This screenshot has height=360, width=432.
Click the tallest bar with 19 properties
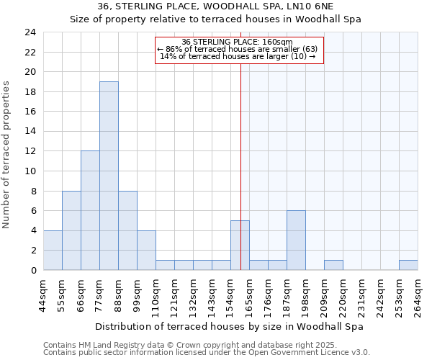(109, 176)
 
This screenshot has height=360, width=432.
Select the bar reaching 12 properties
(90, 210)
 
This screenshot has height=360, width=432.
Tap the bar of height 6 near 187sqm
(296, 240)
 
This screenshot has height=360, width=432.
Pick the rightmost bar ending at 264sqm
(408, 265)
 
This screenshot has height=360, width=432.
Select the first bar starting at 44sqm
(53, 251)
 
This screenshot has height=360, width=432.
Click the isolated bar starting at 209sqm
(333, 265)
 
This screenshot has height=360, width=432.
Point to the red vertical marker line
(240, 166)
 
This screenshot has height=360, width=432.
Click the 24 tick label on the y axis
(30, 32)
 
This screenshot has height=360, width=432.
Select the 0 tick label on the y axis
(33, 271)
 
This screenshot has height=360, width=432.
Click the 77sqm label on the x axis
(100, 294)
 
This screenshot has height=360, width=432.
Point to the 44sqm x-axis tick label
(44, 294)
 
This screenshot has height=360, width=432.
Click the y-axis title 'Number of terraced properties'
(6, 155)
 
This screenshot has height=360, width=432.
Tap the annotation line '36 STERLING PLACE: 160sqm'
(237, 42)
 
